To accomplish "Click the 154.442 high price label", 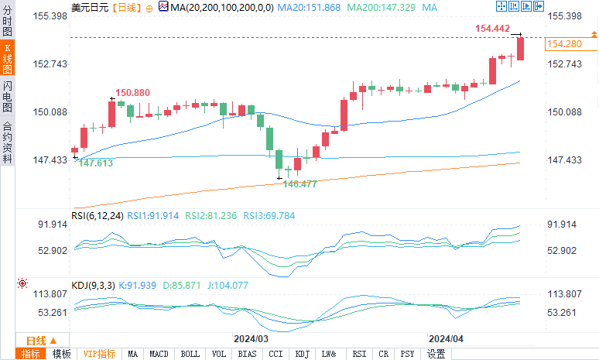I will tap(492, 29).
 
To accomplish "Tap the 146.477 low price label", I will tap(300, 184).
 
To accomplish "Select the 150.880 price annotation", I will tap(133, 93).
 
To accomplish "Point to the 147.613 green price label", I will tap(96, 163).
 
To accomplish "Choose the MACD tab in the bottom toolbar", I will tap(159, 354).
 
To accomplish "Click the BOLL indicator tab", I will tap(190, 354).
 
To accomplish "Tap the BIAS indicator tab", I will tap(248, 354).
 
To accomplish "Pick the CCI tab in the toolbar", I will tap(276, 354).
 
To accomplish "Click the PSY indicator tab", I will tap(407, 354).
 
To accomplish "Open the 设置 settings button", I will tap(436, 354).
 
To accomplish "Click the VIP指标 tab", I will tap(100, 354).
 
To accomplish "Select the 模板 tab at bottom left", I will tap(62, 354).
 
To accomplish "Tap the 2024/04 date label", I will tap(447, 339).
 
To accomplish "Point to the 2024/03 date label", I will tap(251, 339).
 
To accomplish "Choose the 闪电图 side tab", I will tap(7, 95).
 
